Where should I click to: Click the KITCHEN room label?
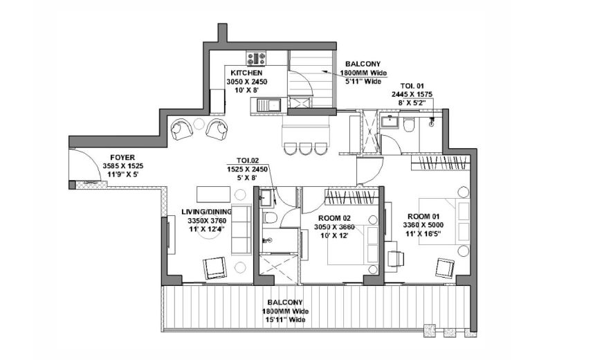click(246, 73)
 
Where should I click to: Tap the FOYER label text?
click(122, 158)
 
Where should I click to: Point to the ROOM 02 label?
click(334, 219)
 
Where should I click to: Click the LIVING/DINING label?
click(207, 212)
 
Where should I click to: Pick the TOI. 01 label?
click(412, 86)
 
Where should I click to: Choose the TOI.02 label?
click(248, 161)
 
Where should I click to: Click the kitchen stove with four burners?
click(256, 59)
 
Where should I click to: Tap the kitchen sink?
click(268, 105)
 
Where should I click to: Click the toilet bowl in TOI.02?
click(271, 218)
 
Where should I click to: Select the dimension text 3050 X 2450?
click(247, 82)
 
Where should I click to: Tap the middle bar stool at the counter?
click(306, 148)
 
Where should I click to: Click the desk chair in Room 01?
click(396, 258)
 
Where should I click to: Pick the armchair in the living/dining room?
click(215, 268)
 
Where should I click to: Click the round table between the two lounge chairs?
click(199, 124)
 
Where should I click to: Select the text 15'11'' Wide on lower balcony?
click(284, 320)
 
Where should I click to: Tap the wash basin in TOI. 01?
click(390, 121)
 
